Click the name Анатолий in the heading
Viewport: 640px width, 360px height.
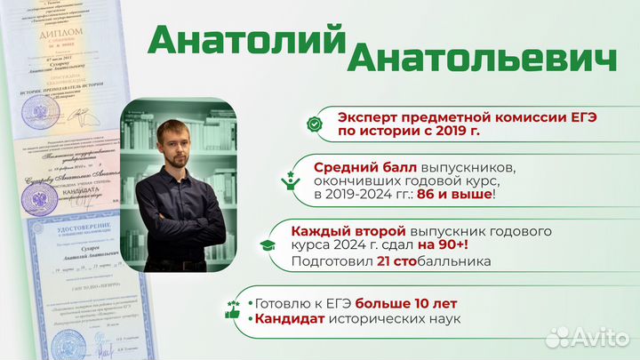coord(246,38)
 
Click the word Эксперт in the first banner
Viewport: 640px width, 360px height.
coord(367,117)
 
